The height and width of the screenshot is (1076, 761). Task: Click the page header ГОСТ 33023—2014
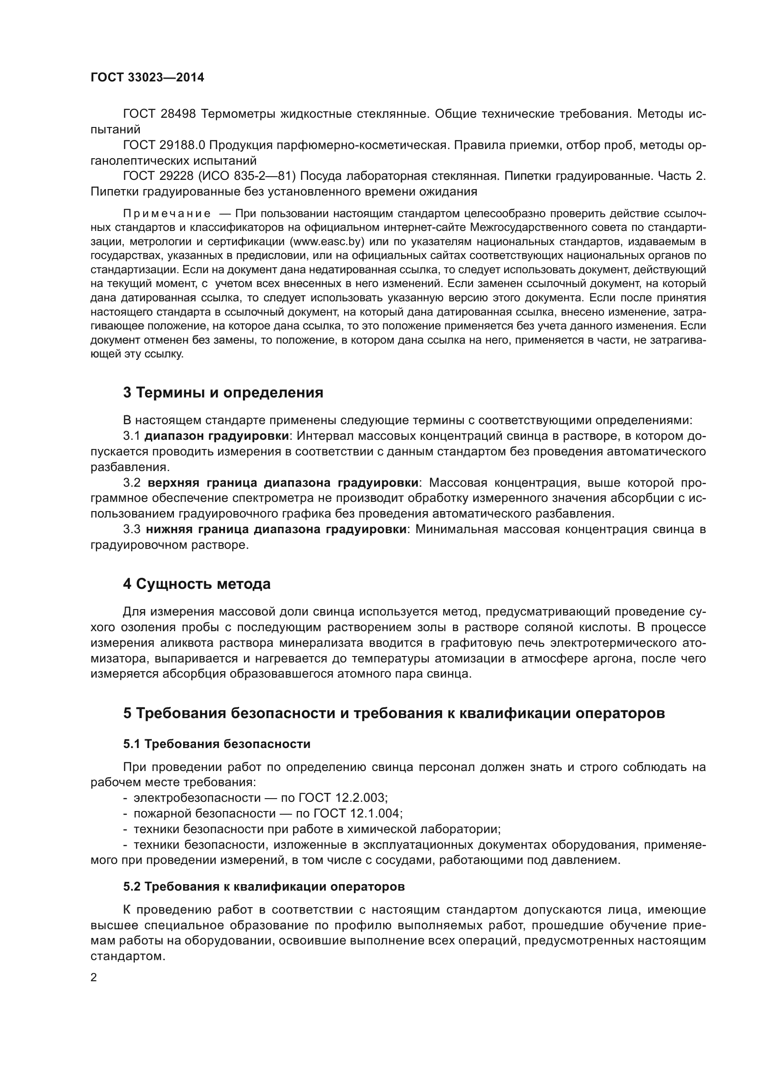[147, 77]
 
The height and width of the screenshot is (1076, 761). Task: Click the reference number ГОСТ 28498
[159, 114]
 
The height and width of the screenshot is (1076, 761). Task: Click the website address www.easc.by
[327, 242]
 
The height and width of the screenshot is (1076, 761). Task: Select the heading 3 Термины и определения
[223, 393]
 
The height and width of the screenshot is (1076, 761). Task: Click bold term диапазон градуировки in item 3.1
[217, 436]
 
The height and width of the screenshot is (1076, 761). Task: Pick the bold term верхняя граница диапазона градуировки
[283, 483]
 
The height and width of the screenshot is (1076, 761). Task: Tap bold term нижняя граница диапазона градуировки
[276, 529]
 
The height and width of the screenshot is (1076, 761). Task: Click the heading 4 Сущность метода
[197, 584]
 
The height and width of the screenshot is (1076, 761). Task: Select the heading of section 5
[394, 713]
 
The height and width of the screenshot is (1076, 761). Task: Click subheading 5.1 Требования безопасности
[217, 744]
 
